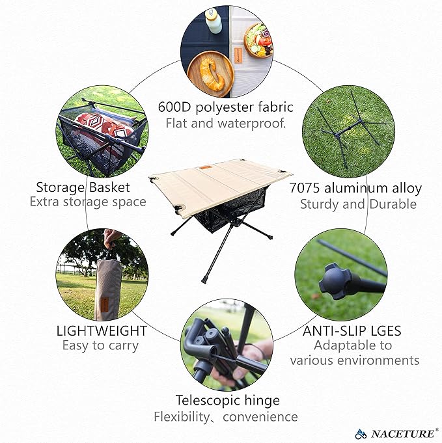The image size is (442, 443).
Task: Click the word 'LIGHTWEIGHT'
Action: click(x=102, y=330)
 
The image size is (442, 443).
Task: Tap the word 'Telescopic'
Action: click(x=206, y=400)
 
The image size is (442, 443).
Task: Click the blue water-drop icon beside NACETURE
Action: click(x=361, y=432)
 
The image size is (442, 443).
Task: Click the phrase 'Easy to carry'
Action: click(x=100, y=346)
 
